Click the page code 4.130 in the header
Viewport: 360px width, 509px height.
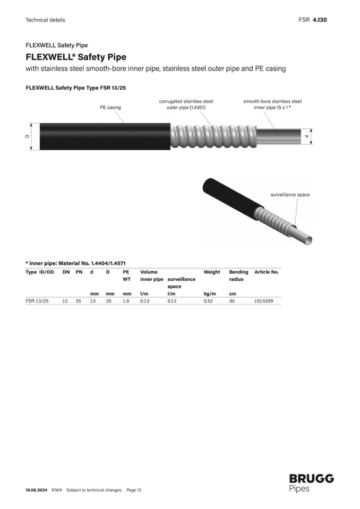pos(320,20)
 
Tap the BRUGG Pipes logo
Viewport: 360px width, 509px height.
pos(311,483)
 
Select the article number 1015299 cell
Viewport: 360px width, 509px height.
pos(263,301)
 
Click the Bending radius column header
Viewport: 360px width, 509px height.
pos(238,275)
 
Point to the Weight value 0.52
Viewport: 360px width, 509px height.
pos(208,301)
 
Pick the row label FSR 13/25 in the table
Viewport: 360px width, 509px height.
pos(37,301)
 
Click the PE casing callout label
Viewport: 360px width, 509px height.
pos(110,107)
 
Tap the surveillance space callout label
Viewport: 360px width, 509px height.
pos(290,195)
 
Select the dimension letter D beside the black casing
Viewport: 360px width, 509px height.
pos(27,136)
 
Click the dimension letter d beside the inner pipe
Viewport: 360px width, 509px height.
pos(306,136)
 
